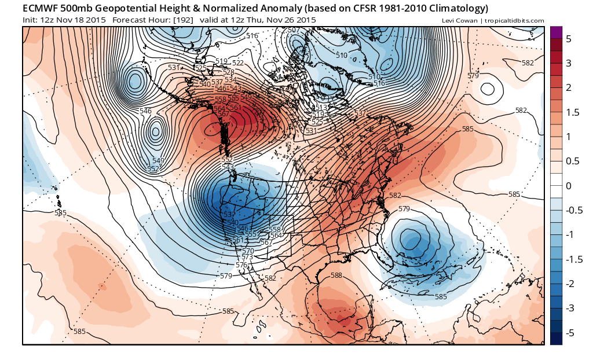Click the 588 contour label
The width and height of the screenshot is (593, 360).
pyautogui.click(x=336, y=275)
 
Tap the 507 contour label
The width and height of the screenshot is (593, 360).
pyautogui.click(x=293, y=30)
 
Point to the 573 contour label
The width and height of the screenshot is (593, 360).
pyautogui.click(x=247, y=257)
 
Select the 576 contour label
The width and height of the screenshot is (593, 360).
pyautogui.click(x=241, y=265)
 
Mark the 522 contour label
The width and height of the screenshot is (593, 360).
pyautogui.click(x=238, y=63)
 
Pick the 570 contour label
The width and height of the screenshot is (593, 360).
pyautogui.click(x=248, y=251)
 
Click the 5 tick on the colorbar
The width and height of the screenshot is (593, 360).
pyautogui.click(x=569, y=38)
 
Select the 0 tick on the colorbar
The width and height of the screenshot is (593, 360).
pyautogui.click(x=568, y=186)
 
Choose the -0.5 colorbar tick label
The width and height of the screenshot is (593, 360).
pyautogui.click(x=572, y=210)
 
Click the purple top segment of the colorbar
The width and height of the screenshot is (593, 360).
pyautogui.click(x=556, y=32)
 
